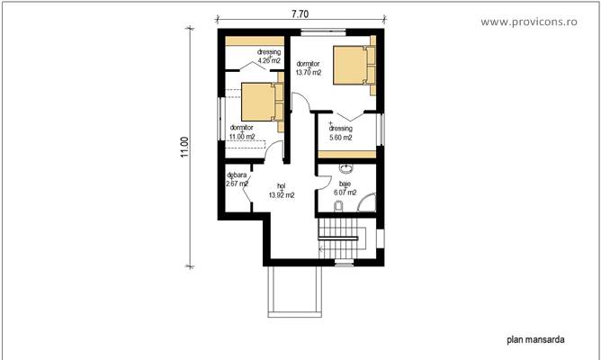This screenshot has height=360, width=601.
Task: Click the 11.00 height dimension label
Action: [x=184, y=148]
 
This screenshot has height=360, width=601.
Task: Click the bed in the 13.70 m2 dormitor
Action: [x=351, y=65]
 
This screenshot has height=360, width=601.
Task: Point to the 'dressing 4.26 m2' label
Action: [x=268, y=56]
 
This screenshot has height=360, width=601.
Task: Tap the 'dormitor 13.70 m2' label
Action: [x=308, y=67]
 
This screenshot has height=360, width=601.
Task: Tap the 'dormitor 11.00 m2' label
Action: [x=241, y=131]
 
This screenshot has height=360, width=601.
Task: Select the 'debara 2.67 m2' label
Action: [x=237, y=178]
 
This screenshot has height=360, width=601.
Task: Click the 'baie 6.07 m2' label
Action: [x=345, y=187]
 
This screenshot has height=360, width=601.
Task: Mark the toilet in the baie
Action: [x=336, y=208]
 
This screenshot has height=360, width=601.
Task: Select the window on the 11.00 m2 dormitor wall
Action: [x=220, y=116]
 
